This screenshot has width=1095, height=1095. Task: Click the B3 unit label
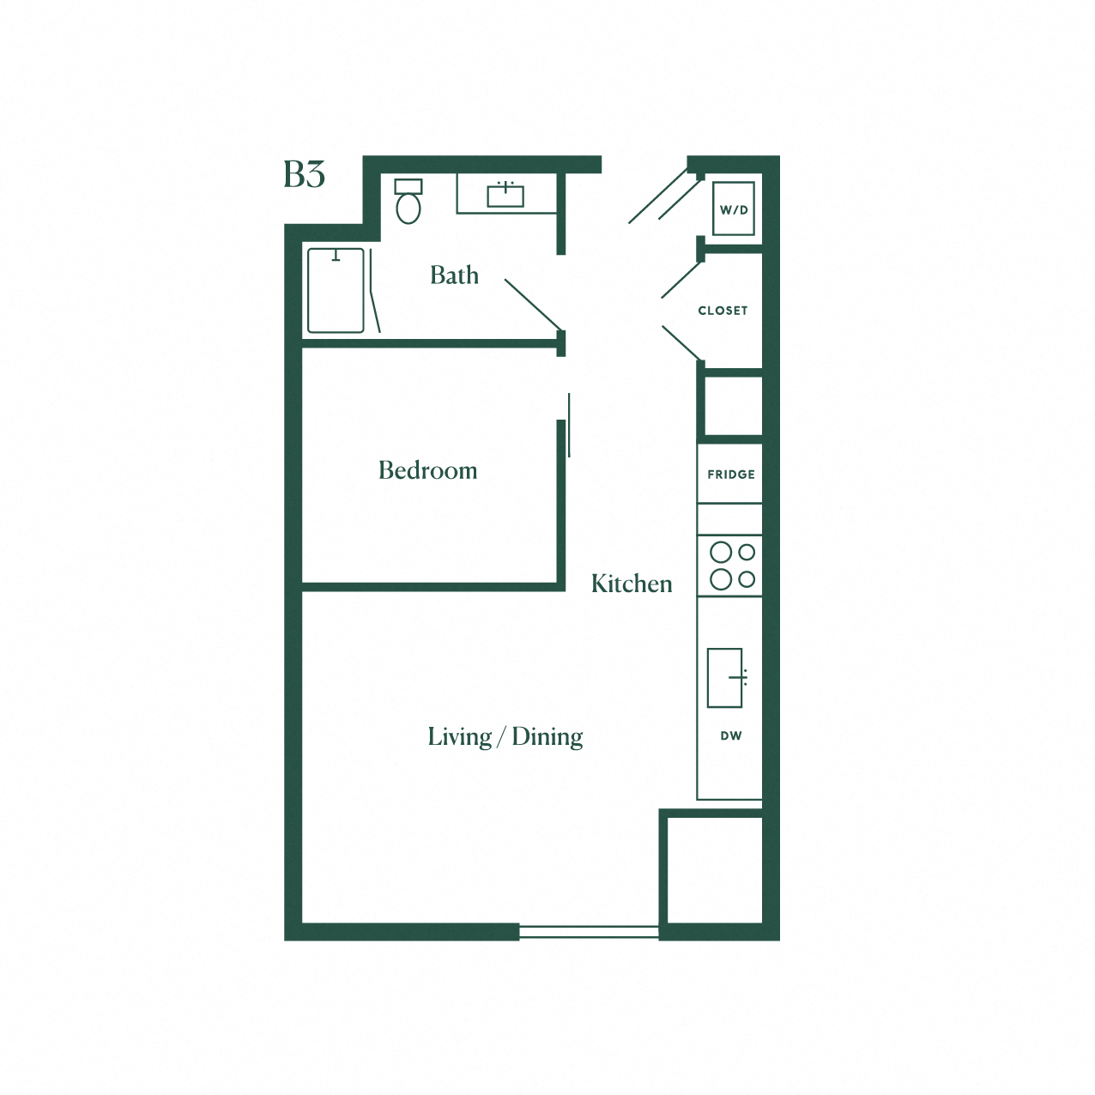coord(304,174)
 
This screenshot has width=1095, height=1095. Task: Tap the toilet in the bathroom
coord(408,203)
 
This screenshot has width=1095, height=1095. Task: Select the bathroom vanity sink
coord(505,196)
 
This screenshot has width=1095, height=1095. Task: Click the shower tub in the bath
coord(336,291)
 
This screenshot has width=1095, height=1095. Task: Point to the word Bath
coord(454,275)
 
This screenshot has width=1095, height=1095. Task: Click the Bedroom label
coord(427,470)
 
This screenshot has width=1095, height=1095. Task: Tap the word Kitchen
coord(632,584)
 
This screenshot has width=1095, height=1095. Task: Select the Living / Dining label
coord(505,737)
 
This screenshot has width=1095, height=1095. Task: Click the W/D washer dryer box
coord(734,209)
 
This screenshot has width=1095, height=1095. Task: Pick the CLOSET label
coord(723,311)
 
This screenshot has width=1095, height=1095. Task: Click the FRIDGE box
coord(730,474)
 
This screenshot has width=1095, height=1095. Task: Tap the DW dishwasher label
coord(731,735)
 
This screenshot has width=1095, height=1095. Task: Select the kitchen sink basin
coord(724,678)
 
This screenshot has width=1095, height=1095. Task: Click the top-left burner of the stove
coord(721,552)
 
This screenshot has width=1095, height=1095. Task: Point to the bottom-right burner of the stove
coord(747,579)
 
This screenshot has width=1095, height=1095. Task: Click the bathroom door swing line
coord(533,305)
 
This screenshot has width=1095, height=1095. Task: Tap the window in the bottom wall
coord(589,932)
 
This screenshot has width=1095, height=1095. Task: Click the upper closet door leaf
coord(681,280)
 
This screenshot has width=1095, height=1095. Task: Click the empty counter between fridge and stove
coord(729,519)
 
